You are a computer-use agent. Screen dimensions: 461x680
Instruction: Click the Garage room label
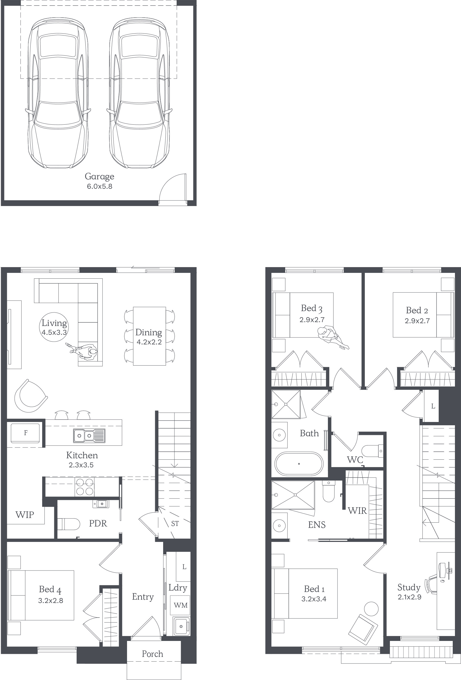pyautogui.click(x=99, y=176)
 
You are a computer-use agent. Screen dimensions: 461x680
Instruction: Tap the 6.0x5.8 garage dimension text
pyautogui.click(x=99, y=187)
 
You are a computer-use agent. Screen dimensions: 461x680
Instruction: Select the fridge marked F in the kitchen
pyautogui.click(x=26, y=433)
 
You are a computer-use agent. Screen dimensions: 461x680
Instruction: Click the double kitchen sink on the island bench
pyautogui.click(x=89, y=436)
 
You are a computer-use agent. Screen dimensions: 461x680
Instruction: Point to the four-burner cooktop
pyautogui.click(x=85, y=487)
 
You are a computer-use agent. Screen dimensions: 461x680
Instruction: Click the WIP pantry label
pyautogui.click(x=25, y=515)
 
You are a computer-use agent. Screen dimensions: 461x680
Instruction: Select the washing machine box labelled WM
pyautogui.click(x=180, y=605)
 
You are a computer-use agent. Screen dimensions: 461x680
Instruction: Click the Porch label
pyautogui.click(x=152, y=654)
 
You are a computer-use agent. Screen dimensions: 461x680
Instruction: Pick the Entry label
pyautogui.click(x=143, y=597)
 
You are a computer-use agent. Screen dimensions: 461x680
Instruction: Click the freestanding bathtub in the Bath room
pyautogui.click(x=299, y=464)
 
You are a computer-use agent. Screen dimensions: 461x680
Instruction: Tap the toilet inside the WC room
pyautogui.click(x=372, y=451)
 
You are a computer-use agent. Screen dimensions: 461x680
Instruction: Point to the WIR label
pyautogui.click(x=357, y=511)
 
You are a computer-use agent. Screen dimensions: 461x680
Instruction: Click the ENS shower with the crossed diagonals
pyautogui.click(x=293, y=495)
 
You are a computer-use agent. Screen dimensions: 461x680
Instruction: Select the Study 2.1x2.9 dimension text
pyautogui.click(x=409, y=597)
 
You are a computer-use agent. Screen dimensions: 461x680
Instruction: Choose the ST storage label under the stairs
pyautogui.click(x=175, y=524)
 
